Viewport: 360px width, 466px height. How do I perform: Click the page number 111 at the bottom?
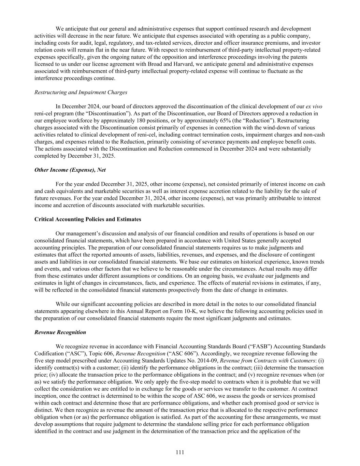tap(180, 452)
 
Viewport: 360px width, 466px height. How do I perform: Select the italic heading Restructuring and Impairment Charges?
tap(81, 92)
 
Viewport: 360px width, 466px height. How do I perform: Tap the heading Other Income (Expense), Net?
tap(70, 170)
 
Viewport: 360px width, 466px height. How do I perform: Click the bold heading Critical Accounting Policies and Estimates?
tap(88, 219)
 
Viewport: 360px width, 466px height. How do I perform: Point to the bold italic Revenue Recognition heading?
tap(60, 332)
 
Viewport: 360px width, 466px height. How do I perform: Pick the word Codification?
tap(48, 353)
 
